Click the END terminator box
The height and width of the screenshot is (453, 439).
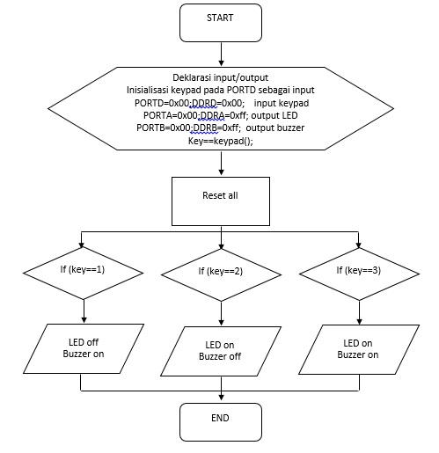[x=220, y=420]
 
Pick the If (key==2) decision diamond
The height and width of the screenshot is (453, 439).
[x=219, y=270]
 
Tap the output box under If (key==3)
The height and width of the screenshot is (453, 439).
[x=357, y=348]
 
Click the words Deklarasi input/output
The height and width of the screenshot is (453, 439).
[x=220, y=77]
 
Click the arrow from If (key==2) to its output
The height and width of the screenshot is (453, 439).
[x=219, y=310]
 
